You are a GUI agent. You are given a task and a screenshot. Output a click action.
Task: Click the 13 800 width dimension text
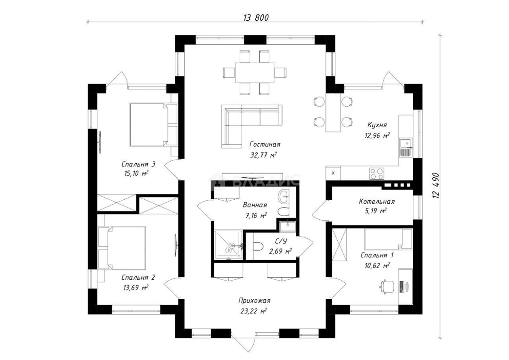click(x=256, y=18)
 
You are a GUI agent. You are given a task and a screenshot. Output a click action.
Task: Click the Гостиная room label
click(x=265, y=144)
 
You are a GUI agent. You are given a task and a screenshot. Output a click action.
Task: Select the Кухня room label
click(x=377, y=125)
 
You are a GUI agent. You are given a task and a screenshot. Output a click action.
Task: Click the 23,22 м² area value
click(x=254, y=310)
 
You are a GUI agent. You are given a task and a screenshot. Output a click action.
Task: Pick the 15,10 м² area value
click(x=136, y=173)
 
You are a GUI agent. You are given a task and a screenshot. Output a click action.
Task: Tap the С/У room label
click(x=280, y=241)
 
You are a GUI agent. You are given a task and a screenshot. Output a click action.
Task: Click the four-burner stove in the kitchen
click(x=377, y=174)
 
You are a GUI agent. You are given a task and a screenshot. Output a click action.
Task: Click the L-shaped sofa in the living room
click(x=252, y=126)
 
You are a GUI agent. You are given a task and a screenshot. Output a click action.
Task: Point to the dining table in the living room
click(x=254, y=73)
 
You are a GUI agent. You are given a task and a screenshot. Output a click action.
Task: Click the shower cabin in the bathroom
click(x=229, y=245)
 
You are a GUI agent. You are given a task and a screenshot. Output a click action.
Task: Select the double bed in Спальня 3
click(x=153, y=125)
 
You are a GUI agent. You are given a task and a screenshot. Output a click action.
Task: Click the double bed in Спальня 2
click(x=122, y=248)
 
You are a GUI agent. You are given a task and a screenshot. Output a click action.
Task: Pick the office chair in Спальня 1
click(x=387, y=287)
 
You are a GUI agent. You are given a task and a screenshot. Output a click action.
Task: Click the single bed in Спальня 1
click(x=388, y=239)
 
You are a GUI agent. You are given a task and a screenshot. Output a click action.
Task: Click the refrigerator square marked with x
click(x=333, y=173)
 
